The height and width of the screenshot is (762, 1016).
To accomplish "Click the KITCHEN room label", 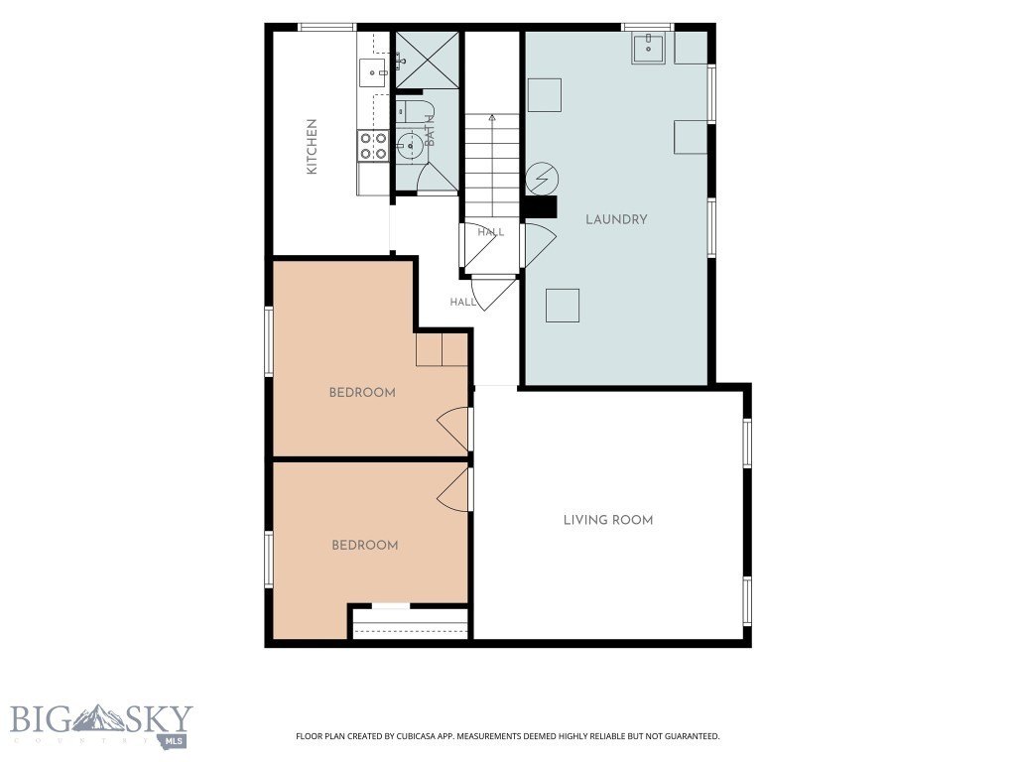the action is [x=312, y=147].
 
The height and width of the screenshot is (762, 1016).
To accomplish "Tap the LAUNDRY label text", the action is [x=616, y=219].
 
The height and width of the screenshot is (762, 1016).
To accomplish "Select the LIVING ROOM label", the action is [x=608, y=520].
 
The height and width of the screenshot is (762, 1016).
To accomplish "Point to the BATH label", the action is [x=430, y=130].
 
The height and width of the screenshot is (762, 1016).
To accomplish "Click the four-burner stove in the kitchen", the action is [x=373, y=146].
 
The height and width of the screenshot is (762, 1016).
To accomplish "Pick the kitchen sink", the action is [x=374, y=72].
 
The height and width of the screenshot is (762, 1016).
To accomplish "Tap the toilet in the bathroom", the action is [x=411, y=111].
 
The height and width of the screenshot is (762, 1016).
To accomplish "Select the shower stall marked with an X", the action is [x=427, y=60].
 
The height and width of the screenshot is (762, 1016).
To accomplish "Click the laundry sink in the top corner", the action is [x=648, y=48].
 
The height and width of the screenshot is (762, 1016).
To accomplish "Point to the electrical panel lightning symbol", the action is [x=542, y=178].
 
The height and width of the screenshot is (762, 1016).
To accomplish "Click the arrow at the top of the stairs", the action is [x=492, y=118].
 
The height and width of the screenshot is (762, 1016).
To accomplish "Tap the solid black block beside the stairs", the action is [x=541, y=206].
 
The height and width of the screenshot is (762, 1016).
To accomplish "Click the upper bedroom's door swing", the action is [x=453, y=429].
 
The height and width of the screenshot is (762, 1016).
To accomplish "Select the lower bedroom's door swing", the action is [x=453, y=490].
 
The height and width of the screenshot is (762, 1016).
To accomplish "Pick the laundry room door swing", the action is [x=539, y=245].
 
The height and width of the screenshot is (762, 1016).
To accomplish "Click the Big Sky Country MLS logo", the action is [x=102, y=725].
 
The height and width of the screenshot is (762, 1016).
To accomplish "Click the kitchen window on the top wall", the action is [x=327, y=27].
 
